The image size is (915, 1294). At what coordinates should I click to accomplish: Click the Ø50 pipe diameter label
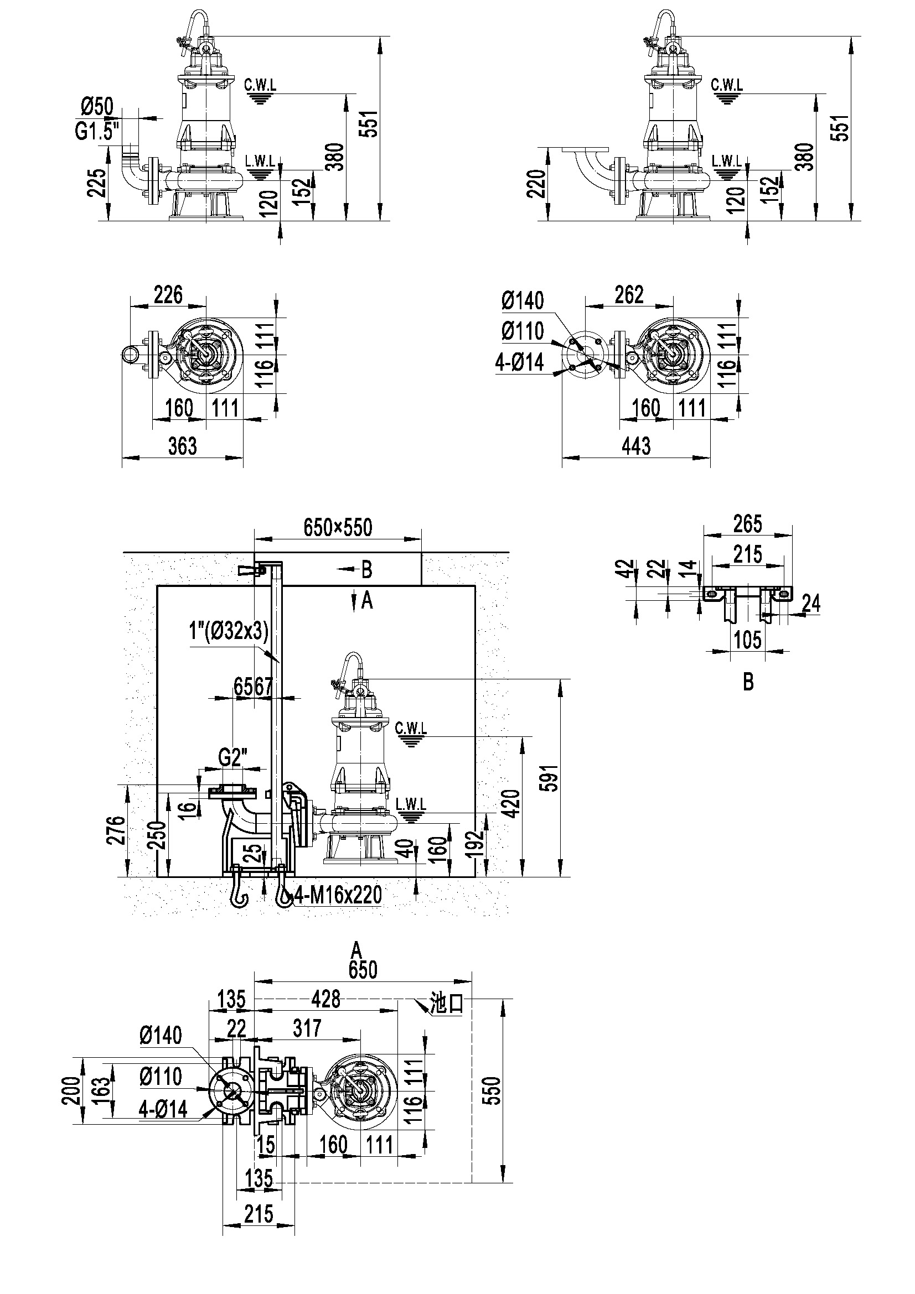pyautogui.click(x=97, y=106)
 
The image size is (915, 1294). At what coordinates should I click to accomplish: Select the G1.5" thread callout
pyautogui.click(x=97, y=131)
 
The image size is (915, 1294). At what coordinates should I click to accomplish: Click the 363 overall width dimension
pyautogui.click(x=183, y=446)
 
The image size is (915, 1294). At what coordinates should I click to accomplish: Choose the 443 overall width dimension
pyautogui.click(x=636, y=446)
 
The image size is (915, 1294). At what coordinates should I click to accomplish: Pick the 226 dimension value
pyautogui.click(x=168, y=294)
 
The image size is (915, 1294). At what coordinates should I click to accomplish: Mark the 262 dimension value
pyautogui.click(x=629, y=294)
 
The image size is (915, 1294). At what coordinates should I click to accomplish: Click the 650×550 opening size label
pyautogui.click(x=338, y=527)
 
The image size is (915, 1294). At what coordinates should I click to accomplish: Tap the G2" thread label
pyautogui.click(x=234, y=758)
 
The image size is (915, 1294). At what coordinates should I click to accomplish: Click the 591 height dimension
pyautogui.click(x=551, y=778)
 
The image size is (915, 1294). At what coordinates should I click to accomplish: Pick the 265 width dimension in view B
pyautogui.click(x=748, y=523)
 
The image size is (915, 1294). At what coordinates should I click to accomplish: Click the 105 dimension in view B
pyautogui.click(x=748, y=640)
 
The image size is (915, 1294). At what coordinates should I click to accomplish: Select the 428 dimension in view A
pyautogui.click(x=326, y=999)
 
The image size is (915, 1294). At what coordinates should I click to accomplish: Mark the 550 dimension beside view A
pyautogui.click(x=492, y=1091)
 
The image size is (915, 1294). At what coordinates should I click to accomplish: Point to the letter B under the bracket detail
pyautogui.click(x=748, y=683)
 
